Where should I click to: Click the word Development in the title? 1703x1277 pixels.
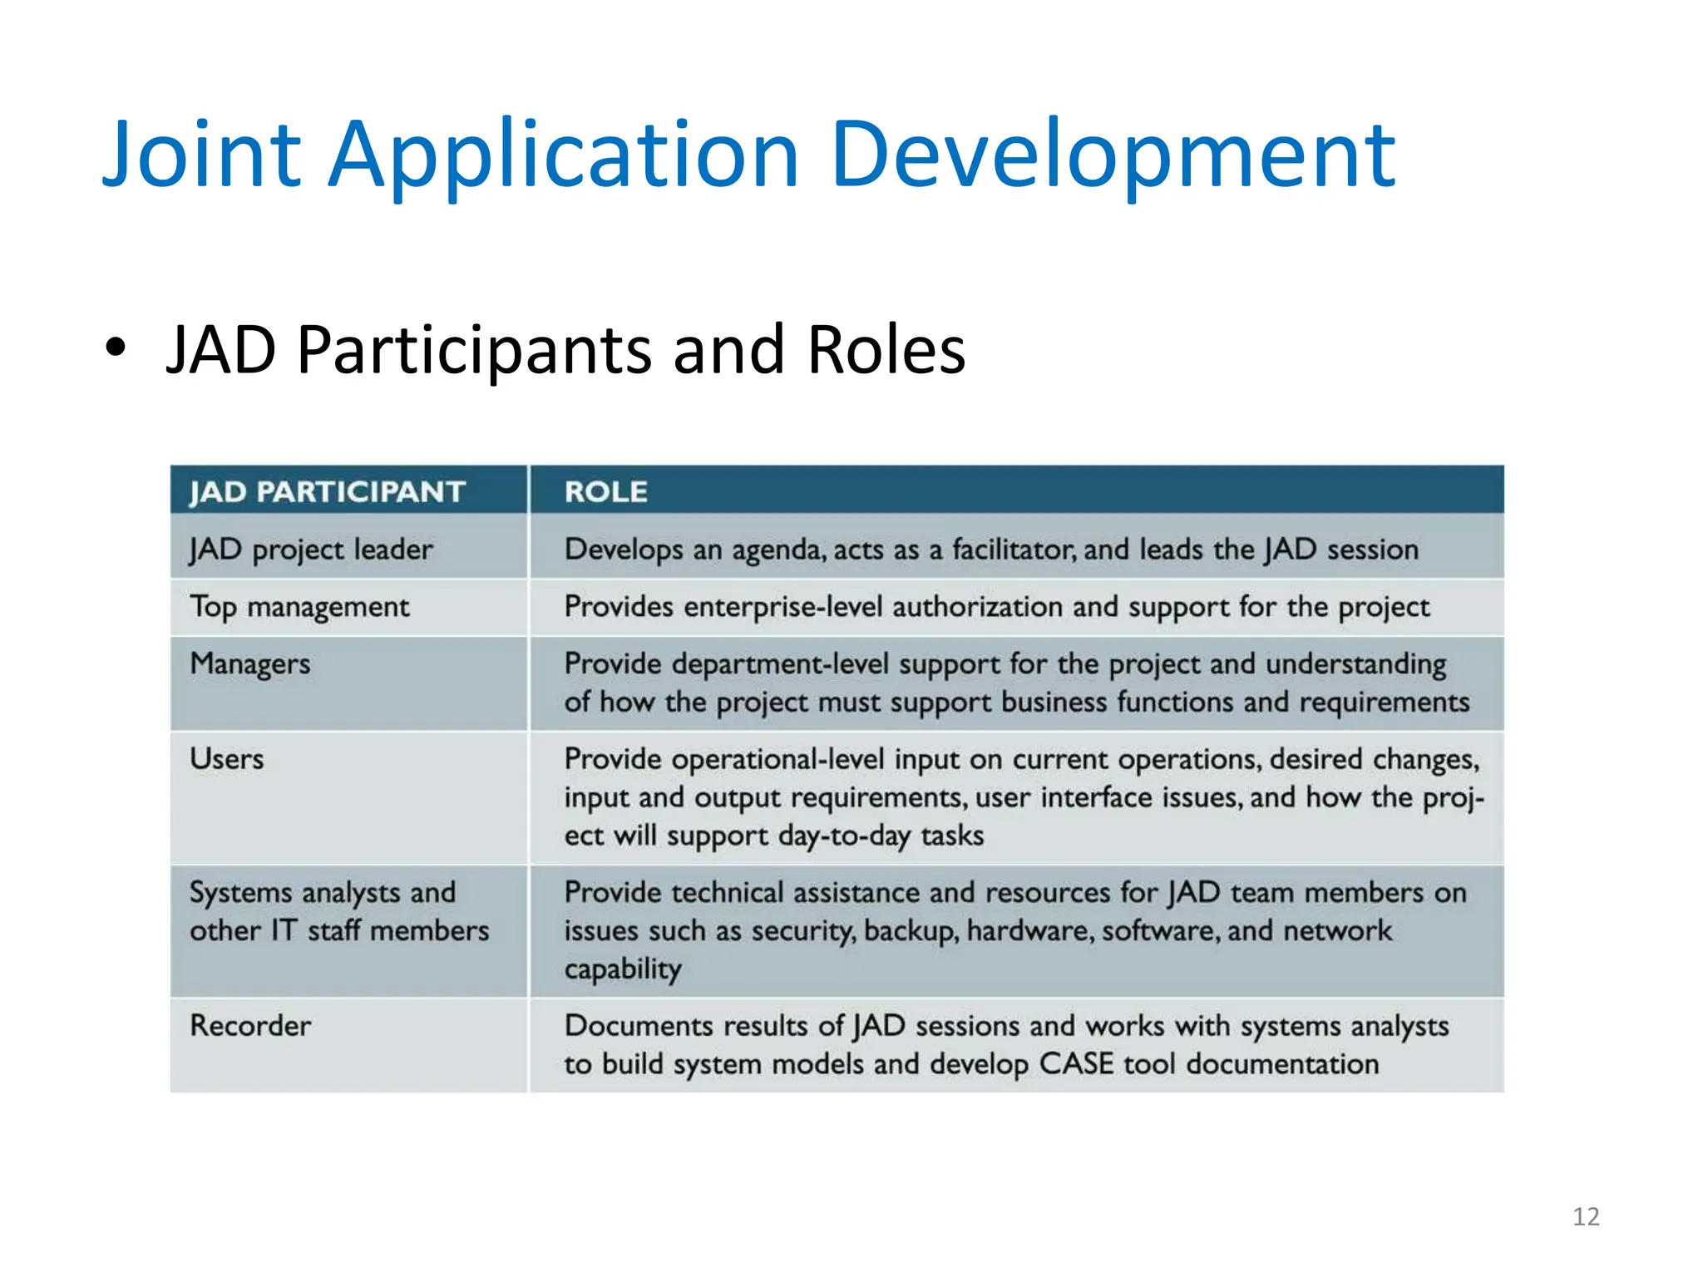coord(1113,155)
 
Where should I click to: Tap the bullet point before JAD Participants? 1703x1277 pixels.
coord(116,348)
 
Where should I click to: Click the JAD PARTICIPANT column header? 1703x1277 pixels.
coord(327,491)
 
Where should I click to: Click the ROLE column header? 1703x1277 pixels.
coord(606,491)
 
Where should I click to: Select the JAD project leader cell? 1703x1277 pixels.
coord(311,550)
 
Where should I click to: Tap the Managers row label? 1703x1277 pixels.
coord(250,664)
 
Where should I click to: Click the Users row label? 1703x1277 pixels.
coord(227,759)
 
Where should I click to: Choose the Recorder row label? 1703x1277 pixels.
coord(250,1026)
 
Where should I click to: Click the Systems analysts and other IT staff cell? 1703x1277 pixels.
coord(338,911)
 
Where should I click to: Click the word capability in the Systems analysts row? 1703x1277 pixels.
coord(623,969)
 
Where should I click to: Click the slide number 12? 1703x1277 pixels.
coord(1586,1216)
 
